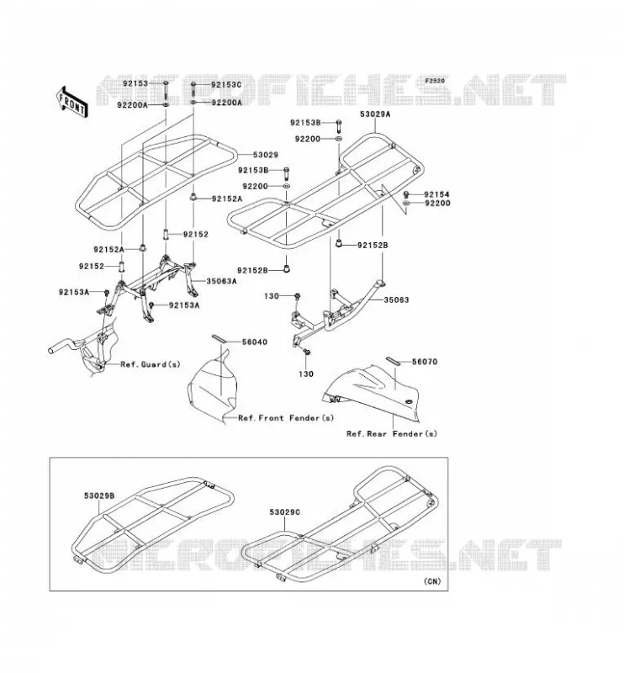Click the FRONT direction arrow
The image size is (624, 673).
click(x=71, y=102)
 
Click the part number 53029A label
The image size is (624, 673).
click(x=375, y=114)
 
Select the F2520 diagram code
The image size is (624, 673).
click(x=435, y=81)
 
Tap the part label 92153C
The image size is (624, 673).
click(x=226, y=85)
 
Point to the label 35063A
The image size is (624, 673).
click(x=221, y=281)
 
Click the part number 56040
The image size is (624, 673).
click(x=255, y=342)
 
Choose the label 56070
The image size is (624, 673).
click(x=425, y=362)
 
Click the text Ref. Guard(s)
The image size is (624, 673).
click(x=151, y=364)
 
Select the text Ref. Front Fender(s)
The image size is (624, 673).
click(x=286, y=418)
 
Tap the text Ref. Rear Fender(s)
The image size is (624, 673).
click(x=392, y=433)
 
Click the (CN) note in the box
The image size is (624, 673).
click(x=432, y=581)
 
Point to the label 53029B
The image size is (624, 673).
click(x=99, y=495)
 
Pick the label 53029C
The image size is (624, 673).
click(x=285, y=512)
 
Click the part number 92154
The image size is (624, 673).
click(x=436, y=194)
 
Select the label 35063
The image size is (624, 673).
click(x=396, y=299)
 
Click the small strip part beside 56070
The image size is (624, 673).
click(x=394, y=361)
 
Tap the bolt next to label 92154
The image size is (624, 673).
click(x=406, y=194)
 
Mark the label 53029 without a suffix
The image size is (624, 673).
click(x=265, y=155)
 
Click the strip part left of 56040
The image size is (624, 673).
click(x=218, y=339)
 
